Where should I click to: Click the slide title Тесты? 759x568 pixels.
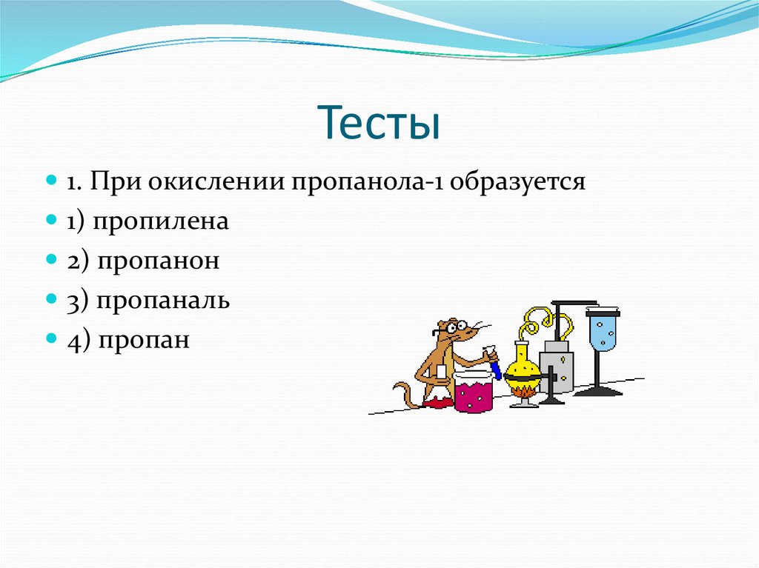coord(379,122)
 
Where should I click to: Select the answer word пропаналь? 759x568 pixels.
coord(161,301)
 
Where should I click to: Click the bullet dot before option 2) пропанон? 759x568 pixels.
coord(51,260)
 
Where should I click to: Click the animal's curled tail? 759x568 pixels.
coord(404,392)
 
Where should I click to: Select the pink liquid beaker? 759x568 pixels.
coord(473,392)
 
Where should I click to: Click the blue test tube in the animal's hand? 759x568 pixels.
coord(494,367)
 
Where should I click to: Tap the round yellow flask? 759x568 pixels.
coord(522,362)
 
